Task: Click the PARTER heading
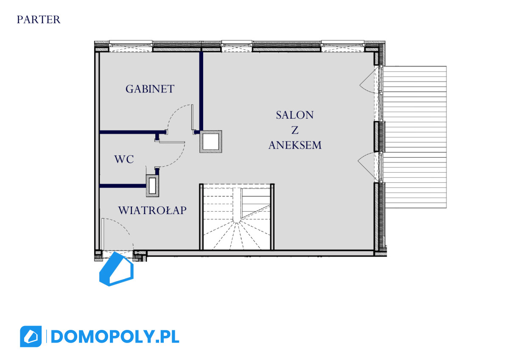click(x=39, y=20)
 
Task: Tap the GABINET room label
click(x=150, y=89)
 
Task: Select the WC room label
click(x=124, y=159)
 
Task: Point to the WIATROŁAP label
click(x=152, y=210)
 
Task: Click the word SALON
click(x=295, y=115)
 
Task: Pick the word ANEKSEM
click(x=295, y=145)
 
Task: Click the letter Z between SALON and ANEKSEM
click(x=295, y=130)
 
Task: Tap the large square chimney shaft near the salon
click(x=211, y=142)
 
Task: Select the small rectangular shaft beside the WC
click(x=152, y=186)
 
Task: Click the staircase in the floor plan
click(x=237, y=217)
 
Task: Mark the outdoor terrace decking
click(x=415, y=137)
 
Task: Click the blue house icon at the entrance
click(x=116, y=269)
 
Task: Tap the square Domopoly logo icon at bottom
click(x=31, y=336)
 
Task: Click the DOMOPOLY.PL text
click(x=115, y=337)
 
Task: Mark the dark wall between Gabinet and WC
click(x=132, y=132)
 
